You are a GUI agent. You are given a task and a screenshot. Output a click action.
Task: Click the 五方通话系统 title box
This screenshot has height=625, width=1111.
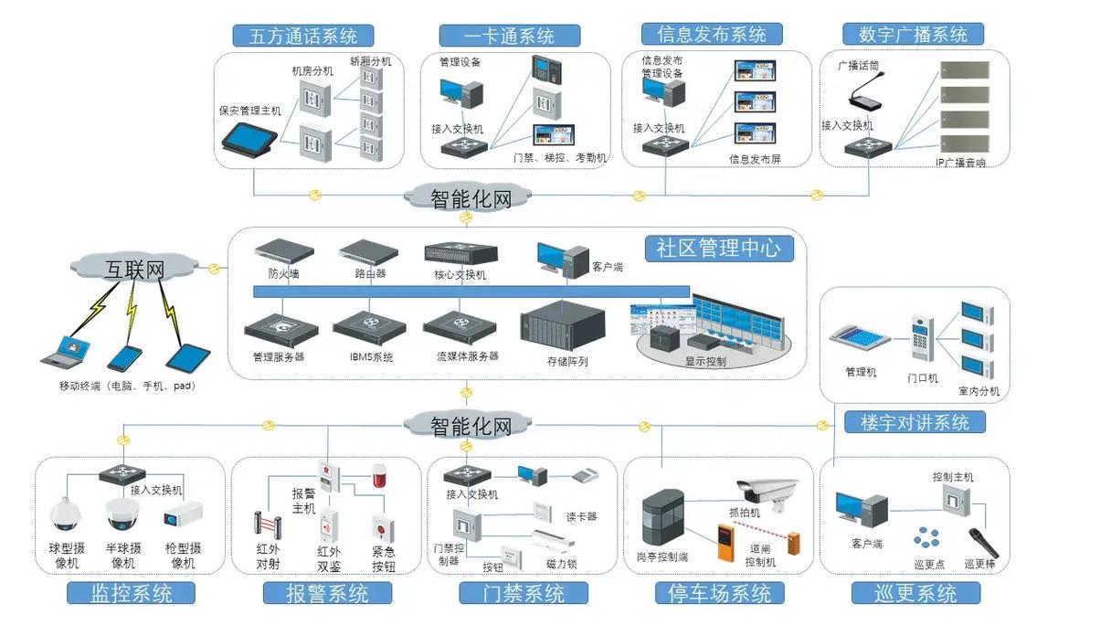pyautogui.click(x=302, y=36)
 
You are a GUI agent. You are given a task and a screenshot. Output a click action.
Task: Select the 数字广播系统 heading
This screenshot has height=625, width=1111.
pyautogui.click(x=913, y=34)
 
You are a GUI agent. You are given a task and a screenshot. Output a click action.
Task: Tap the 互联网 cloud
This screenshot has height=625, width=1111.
pyautogui.click(x=134, y=268)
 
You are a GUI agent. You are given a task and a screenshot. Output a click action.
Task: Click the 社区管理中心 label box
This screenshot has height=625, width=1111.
pyautogui.click(x=718, y=249)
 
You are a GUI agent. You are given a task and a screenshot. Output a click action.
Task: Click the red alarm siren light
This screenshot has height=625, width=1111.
pyautogui.click(x=379, y=475)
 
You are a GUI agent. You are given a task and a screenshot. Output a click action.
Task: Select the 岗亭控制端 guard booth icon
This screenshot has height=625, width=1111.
pyautogui.click(x=662, y=519)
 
